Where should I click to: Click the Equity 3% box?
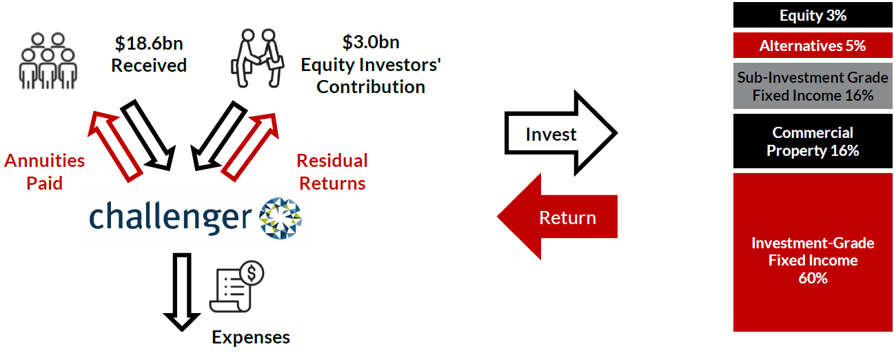coord(813,15)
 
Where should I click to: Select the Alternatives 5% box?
coord(813,46)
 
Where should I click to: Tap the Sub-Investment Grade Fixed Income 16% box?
coord(813,86)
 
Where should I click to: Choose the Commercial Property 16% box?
coord(813,141)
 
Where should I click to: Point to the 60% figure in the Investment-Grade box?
coord(813,278)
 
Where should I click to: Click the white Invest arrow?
coord(561,133)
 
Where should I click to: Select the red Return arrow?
coord(557,217)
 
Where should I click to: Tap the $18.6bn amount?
coord(149,43)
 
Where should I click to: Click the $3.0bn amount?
coord(371,42)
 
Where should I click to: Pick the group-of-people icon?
coord(48,61)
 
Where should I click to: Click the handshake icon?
coord(258,58)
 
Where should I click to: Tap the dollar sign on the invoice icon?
coord(252,273)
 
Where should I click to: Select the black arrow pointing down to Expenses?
coord(181,292)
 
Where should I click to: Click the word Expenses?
coord(251,337)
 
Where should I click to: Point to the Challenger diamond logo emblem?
coord(280,218)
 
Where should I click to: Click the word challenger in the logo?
coord(170,217)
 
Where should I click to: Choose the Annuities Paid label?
coord(44,172)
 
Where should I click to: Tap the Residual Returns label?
coord(332,172)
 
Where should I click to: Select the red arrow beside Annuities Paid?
coord(115,146)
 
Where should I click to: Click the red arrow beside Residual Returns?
coord(250,148)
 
